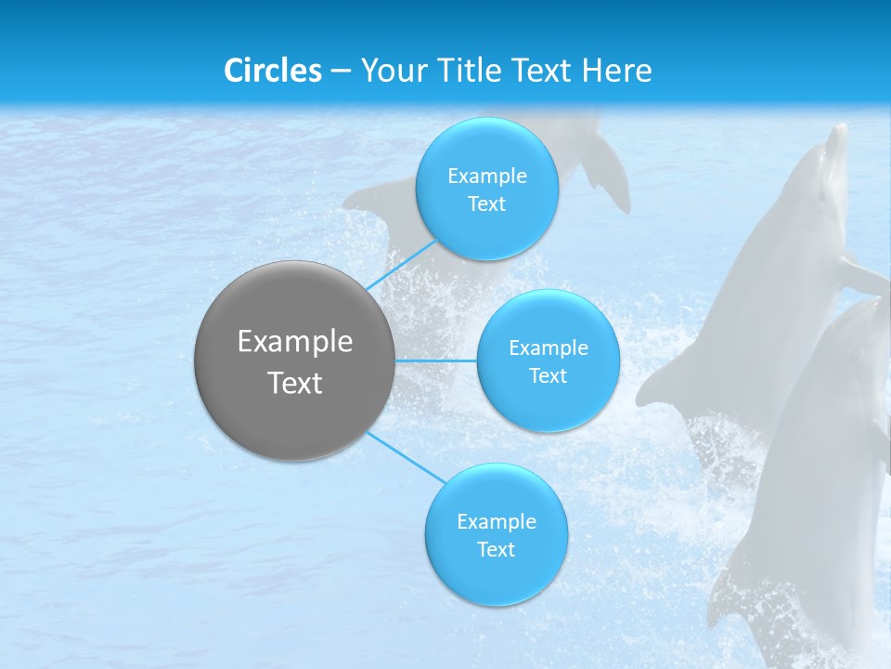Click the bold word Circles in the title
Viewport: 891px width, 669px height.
[x=272, y=71]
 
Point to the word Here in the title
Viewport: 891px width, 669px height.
[x=616, y=71]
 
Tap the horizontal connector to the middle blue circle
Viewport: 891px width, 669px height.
[x=436, y=361]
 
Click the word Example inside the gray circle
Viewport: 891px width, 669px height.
[x=295, y=342]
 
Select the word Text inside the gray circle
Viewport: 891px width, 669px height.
[x=295, y=383]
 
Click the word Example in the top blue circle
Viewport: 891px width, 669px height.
[x=487, y=176]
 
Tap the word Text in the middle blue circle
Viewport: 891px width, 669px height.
[x=549, y=376]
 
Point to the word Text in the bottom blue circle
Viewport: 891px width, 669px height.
[x=496, y=550]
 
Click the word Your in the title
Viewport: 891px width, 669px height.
[x=391, y=71]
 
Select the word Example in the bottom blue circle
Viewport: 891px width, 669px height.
[x=497, y=521]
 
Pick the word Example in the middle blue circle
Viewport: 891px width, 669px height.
[x=549, y=348]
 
